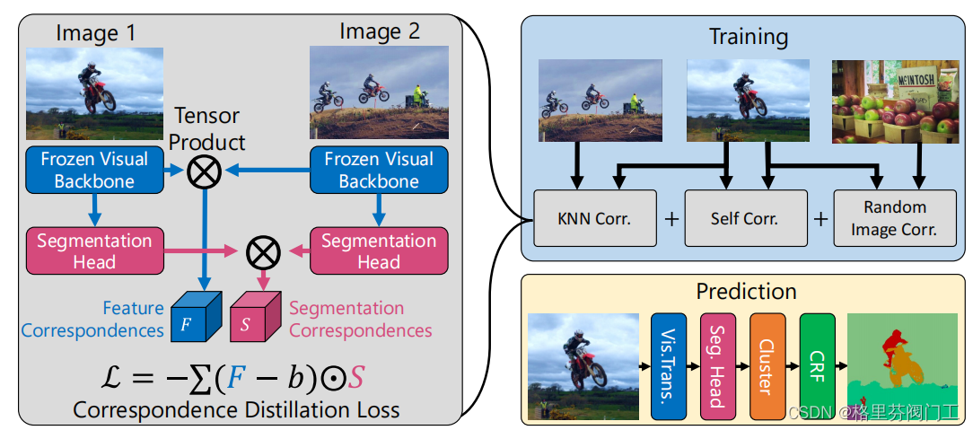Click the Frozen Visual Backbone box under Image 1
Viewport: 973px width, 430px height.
94,170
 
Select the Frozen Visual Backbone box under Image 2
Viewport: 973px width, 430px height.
378,170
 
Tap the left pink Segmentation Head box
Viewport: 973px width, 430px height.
94,251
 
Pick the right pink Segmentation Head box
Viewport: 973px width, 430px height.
378,251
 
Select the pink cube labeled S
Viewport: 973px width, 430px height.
250,320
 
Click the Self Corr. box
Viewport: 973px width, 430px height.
743,218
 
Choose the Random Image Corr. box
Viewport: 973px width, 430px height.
894,218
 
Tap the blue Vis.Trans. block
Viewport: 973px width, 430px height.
668,365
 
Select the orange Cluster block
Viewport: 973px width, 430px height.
767,365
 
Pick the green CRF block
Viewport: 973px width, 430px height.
816,365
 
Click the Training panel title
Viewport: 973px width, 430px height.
748,37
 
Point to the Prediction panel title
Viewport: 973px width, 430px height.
746,292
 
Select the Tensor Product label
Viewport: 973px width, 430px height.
207,128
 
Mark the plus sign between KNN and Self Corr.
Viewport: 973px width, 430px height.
671,218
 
